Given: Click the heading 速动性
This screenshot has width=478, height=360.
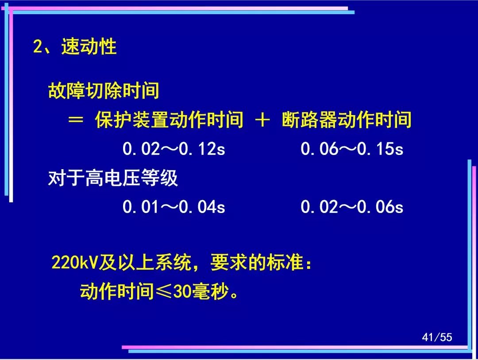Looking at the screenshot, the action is coord(89,46).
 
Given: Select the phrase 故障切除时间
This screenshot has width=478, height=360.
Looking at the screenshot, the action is coord(104,90).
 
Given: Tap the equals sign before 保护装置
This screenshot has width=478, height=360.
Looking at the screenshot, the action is coord(76,119).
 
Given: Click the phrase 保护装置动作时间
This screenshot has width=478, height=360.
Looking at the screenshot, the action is coord(169,119).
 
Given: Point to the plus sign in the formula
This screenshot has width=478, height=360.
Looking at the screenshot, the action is coord(262,119).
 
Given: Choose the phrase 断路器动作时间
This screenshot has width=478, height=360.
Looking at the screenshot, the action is coord(347,119).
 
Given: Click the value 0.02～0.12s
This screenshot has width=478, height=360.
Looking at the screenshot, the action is coord(174,149).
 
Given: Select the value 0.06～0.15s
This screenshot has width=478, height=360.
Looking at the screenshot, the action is coord(352,149).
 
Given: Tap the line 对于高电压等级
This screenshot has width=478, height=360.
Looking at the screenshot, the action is coord(113,178).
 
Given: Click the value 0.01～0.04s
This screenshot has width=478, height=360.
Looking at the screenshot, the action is coord(174,207).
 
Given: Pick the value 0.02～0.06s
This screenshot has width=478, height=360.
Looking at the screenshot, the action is coord(352,207).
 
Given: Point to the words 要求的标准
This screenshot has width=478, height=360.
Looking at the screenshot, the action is coord(257,262).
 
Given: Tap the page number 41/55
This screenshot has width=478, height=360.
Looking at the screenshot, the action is coord(437,337).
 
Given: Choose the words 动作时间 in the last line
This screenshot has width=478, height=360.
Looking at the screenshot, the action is coord(117,291).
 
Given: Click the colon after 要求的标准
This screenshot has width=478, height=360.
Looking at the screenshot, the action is coord(309,263).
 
